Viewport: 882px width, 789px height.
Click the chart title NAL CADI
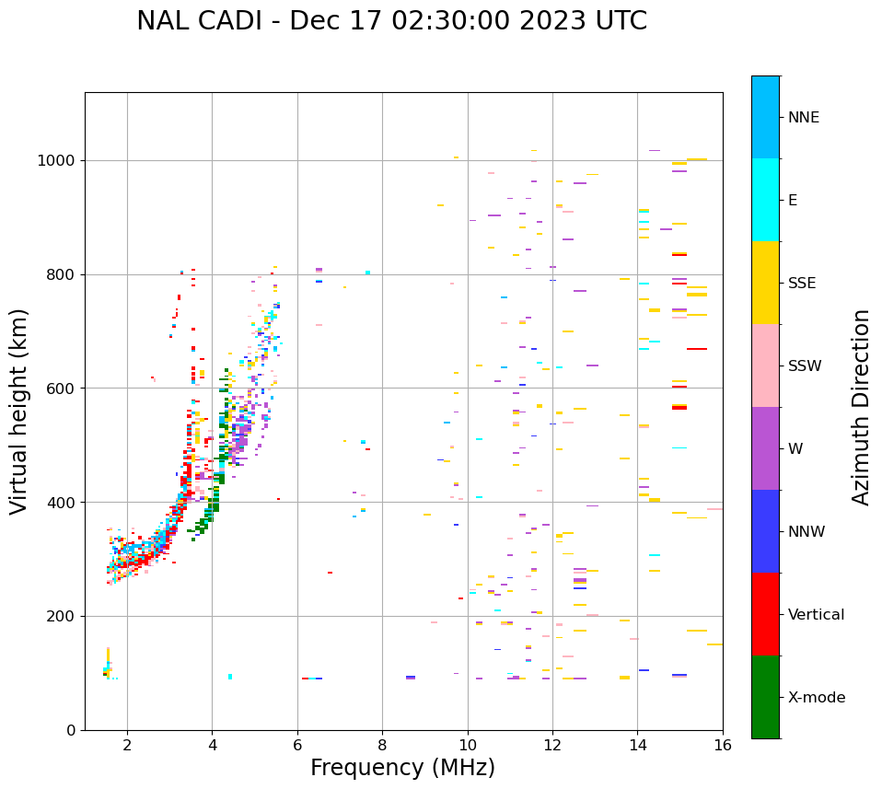[x=391, y=21]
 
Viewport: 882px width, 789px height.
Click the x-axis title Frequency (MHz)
[x=402, y=768]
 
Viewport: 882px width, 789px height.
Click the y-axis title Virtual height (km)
[x=19, y=412]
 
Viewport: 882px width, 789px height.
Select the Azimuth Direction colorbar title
[x=861, y=407]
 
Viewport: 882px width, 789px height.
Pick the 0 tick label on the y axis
[x=71, y=730]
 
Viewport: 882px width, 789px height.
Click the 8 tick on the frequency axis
[x=382, y=745]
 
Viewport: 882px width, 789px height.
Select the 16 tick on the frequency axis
[x=723, y=745]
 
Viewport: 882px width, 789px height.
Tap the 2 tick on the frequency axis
[x=127, y=745]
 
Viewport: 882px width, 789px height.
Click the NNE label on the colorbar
[x=803, y=118]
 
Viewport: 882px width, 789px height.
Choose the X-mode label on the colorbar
[x=817, y=698]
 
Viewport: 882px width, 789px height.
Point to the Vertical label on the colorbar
[x=816, y=615]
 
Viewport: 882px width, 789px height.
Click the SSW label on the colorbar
[x=805, y=366]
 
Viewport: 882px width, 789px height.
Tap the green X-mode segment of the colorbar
[x=765, y=697]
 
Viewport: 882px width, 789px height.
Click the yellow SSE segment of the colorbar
[x=765, y=283]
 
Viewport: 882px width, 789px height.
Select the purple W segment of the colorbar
[x=765, y=448]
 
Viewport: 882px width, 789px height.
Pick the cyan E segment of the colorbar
[x=765, y=200]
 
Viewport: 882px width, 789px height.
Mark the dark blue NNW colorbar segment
[x=765, y=531]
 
